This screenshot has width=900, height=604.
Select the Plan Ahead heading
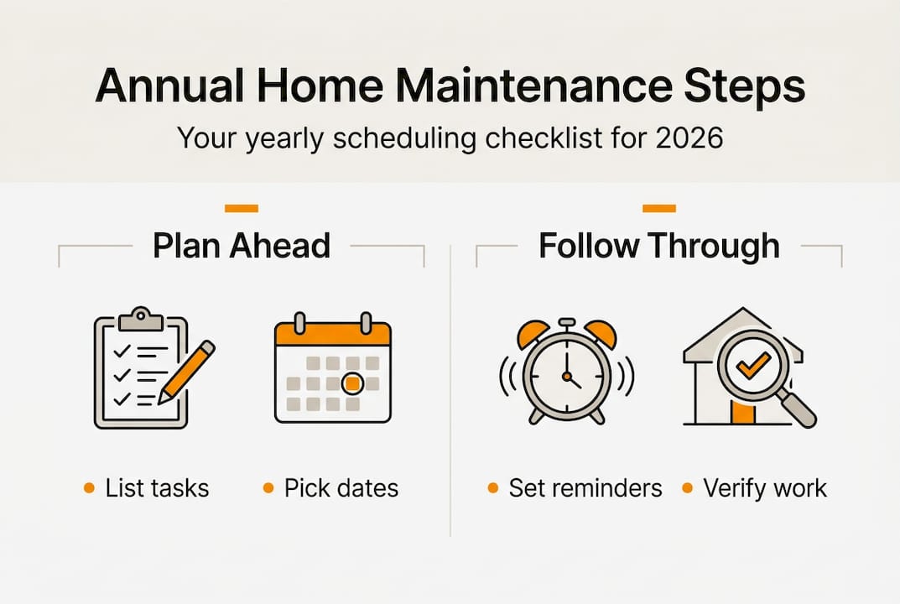click(x=242, y=246)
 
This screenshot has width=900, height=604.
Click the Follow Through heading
click(x=659, y=246)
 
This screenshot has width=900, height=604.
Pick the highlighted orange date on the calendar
click(x=353, y=383)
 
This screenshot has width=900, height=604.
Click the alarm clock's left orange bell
click(x=532, y=333)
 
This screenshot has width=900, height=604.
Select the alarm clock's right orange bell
click(x=601, y=333)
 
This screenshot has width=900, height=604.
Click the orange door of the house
click(x=741, y=413)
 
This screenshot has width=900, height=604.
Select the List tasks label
click(x=157, y=488)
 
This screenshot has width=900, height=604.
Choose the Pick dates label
click(x=341, y=488)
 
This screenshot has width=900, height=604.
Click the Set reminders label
click(x=585, y=488)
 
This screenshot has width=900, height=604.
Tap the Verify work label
click(x=765, y=488)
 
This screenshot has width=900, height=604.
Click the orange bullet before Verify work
click(x=687, y=488)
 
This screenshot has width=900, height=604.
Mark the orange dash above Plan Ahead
click(x=242, y=208)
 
